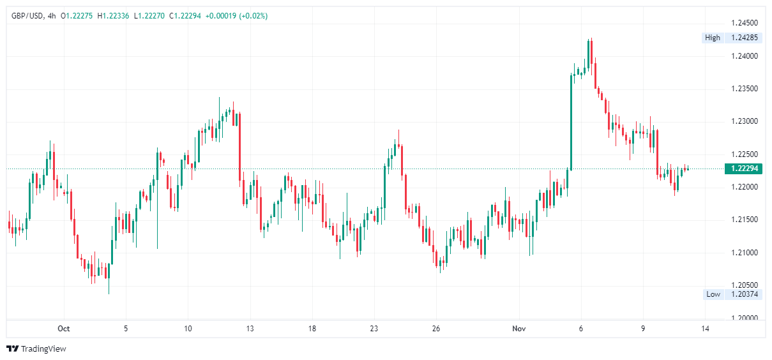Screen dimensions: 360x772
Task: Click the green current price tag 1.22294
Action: click(744, 169)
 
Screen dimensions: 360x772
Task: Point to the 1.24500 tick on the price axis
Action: click(745, 23)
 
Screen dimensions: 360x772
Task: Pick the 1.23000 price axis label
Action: click(745, 121)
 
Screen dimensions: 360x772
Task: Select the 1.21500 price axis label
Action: click(745, 220)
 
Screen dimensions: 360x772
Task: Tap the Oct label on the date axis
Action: click(63, 329)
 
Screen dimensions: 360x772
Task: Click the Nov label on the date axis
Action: click(518, 329)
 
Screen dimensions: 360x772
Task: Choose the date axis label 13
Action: click(250, 329)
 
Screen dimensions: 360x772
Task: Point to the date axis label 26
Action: click(435, 329)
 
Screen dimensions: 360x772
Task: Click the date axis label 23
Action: click(374, 329)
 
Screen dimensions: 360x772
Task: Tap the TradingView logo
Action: click(36, 349)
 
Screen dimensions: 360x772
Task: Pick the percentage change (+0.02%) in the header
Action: click(253, 16)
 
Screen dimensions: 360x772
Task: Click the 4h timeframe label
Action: click(52, 16)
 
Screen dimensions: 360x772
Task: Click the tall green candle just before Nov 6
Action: click(571, 121)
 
